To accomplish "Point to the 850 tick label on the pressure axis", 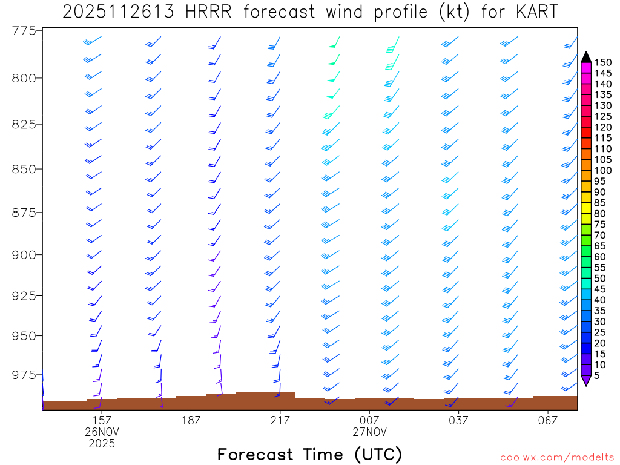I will (x=24, y=168).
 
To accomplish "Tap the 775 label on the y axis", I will (x=24, y=30).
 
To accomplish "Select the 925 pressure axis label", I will (x=24, y=295).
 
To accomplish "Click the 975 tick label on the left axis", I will (x=24, y=375).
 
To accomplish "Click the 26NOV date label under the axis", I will (x=102, y=432).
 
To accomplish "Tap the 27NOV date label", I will (x=369, y=432).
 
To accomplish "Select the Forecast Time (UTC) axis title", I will (x=309, y=454).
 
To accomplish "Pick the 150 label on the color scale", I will (x=604, y=62).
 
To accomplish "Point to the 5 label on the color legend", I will (x=598, y=375).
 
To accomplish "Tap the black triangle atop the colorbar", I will (x=586, y=57).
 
